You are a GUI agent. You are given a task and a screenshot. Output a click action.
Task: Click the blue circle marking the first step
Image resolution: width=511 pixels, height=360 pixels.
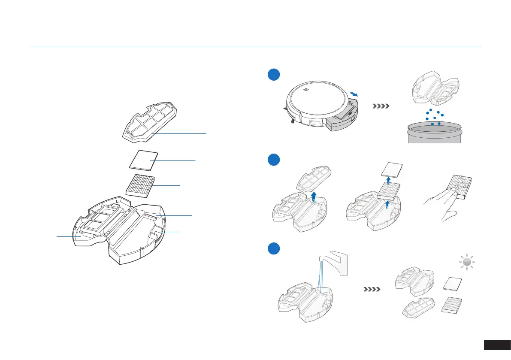(273, 74)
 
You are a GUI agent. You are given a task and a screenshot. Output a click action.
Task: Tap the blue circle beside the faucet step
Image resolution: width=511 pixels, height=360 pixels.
(273, 248)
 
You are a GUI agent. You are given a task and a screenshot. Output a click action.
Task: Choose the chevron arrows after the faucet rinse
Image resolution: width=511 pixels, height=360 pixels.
(372, 289)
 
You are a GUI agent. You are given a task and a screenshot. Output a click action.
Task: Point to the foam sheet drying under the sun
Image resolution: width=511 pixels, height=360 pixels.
(453, 284)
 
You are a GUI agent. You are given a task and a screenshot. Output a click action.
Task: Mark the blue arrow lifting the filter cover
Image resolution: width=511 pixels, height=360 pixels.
(314, 197)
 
